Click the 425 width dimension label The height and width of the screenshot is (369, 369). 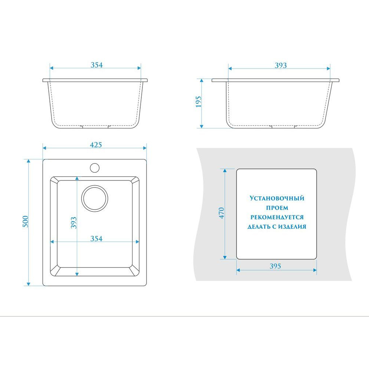(96, 145)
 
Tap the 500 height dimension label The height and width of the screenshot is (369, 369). (25, 221)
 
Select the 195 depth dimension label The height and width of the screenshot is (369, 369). (199, 102)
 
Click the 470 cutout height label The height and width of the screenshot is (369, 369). (221, 213)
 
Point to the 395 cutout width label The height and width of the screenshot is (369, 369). (275, 266)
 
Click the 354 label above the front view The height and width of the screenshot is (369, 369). (97, 65)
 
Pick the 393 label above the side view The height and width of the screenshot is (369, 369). (281, 65)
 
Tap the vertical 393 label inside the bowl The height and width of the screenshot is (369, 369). (74, 223)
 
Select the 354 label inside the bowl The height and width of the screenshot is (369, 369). (96, 239)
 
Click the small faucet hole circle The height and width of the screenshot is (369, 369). (94, 168)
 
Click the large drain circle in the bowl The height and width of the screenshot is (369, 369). (94, 198)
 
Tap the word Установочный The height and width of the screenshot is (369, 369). (277, 198)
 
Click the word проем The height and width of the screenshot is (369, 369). (277, 208)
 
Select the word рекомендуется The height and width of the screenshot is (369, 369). (277, 217)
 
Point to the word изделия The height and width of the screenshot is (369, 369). (292, 227)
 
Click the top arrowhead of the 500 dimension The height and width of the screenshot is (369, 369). (28, 161)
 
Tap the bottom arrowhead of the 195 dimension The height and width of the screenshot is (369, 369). (201, 126)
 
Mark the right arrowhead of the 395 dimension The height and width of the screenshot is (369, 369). (315, 270)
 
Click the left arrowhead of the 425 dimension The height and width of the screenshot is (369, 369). (45, 148)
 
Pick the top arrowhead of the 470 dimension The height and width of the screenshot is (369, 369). (225, 170)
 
